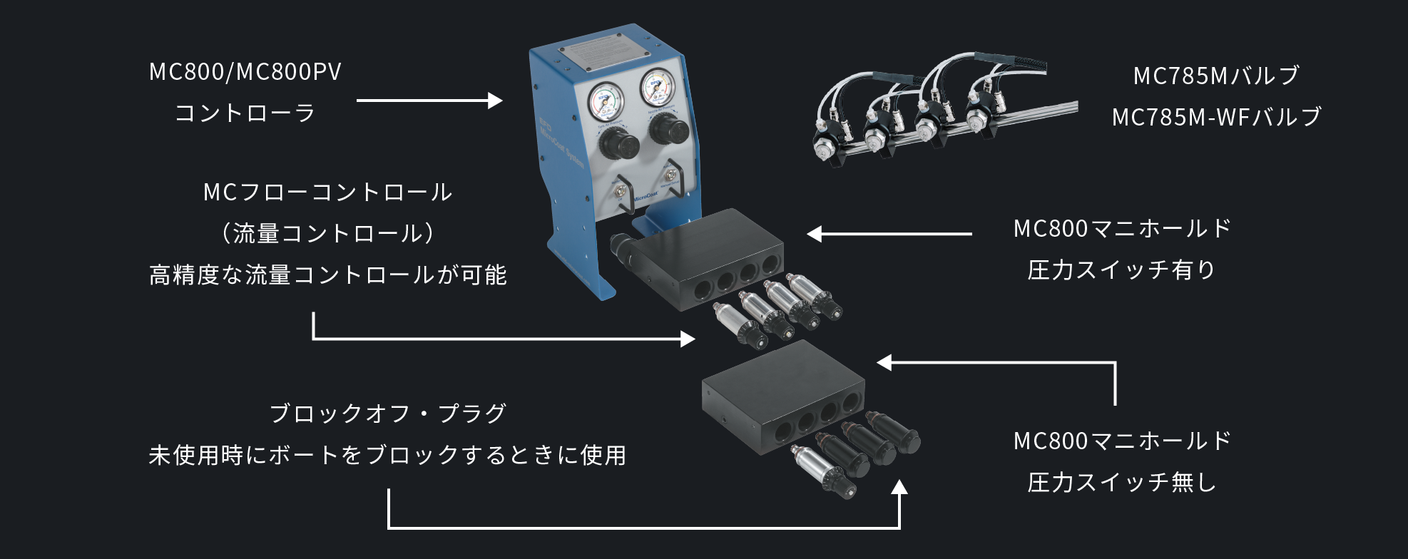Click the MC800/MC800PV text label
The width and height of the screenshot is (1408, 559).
245,72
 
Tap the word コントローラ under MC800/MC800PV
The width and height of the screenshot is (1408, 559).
245,113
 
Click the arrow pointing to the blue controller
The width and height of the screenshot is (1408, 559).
429,101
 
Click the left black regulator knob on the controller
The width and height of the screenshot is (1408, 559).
618,144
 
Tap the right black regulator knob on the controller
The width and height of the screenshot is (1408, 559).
668,129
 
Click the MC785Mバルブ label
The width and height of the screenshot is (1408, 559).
1216,76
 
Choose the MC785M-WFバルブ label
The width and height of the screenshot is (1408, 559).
1216,117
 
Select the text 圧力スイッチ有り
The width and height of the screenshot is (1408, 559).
1121,270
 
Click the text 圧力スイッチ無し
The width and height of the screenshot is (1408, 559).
1121,483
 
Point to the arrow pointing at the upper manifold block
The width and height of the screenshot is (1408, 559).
889,234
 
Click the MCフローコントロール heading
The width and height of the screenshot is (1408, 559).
327,193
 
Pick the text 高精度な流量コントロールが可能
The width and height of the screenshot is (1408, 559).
327,275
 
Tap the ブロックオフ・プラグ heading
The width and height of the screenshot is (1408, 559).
387,414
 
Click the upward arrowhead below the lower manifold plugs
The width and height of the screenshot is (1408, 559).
899,488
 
